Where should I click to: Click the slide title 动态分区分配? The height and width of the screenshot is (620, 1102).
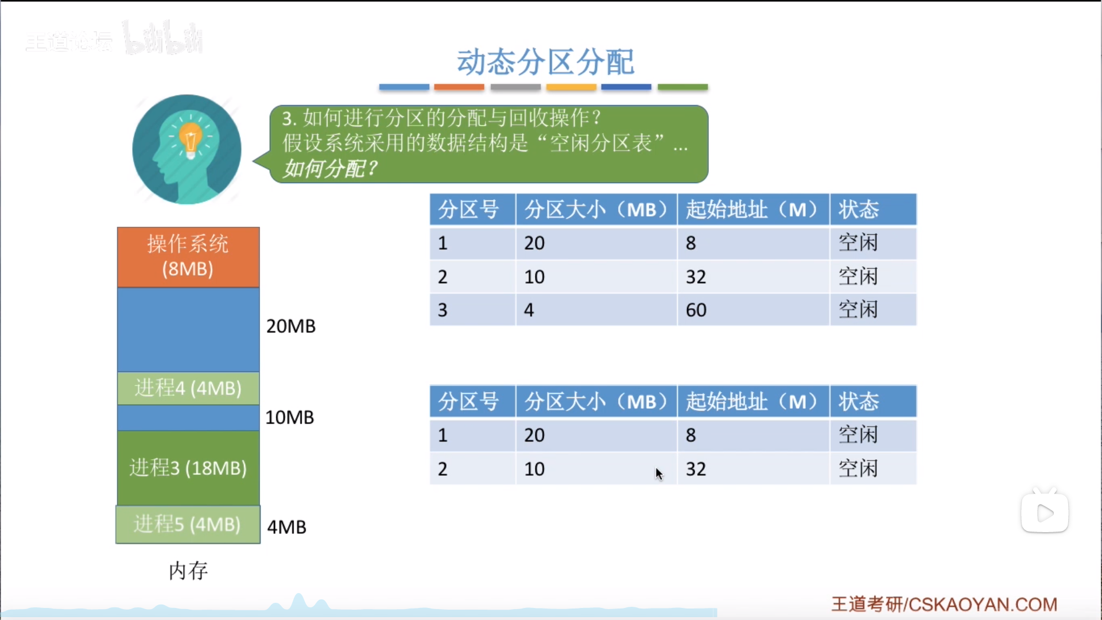click(x=545, y=62)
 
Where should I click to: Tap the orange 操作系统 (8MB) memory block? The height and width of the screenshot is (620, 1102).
click(x=188, y=257)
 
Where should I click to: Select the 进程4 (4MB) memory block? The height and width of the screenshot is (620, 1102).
click(x=188, y=388)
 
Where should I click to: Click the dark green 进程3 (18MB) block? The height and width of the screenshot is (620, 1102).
click(x=188, y=467)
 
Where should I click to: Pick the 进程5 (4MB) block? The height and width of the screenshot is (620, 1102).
click(x=188, y=524)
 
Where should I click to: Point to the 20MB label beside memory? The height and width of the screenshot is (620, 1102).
click(x=291, y=326)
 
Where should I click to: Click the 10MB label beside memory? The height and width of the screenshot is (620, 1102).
click(x=290, y=417)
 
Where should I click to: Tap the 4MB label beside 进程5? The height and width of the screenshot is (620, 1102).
click(x=287, y=527)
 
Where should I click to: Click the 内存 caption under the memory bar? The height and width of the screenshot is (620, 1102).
click(x=188, y=571)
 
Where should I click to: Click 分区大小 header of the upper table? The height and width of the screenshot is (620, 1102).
click(x=596, y=210)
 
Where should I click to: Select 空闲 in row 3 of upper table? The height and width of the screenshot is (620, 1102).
click(x=859, y=310)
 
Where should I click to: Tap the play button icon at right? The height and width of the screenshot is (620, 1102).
click(x=1045, y=512)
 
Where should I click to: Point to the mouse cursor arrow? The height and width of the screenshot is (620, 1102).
click(x=659, y=474)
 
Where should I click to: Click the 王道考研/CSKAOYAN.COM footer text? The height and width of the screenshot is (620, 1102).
click(x=944, y=604)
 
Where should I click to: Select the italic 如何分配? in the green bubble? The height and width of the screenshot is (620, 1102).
click(x=331, y=169)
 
